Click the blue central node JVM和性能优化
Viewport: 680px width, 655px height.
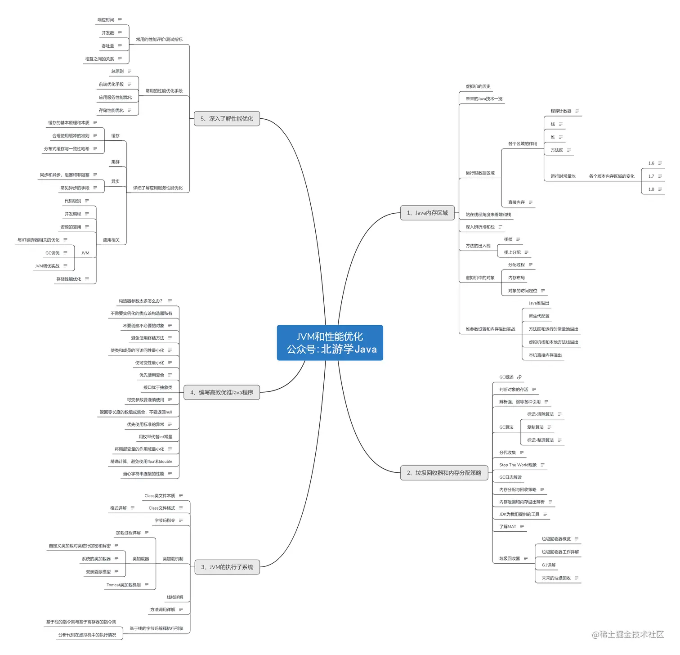click(x=330, y=342)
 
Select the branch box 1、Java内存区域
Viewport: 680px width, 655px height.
click(x=427, y=213)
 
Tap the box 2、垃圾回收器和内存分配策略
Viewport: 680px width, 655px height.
click(x=444, y=473)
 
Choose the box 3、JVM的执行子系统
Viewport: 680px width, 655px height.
click(x=227, y=567)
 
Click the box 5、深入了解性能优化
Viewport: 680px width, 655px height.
click(x=227, y=119)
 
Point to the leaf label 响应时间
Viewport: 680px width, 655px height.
click(x=106, y=20)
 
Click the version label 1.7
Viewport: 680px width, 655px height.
click(x=651, y=176)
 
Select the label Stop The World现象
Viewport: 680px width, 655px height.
click(x=518, y=465)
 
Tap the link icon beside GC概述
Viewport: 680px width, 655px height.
click(x=519, y=377)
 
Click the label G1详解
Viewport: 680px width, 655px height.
click(x=548, y=565)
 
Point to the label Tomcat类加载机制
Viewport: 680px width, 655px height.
click(x=124, y=585)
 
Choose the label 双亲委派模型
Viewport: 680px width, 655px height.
click(x=98, y=572)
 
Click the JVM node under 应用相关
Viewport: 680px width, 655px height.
click(x=85, y=253)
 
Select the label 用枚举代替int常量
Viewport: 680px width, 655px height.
click(x=155, y=437)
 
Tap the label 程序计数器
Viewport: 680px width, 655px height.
click(x=561, y=111)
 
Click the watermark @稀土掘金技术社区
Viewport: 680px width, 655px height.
click(x=628, y=634)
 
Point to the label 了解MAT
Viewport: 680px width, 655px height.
click(x=508, y=527)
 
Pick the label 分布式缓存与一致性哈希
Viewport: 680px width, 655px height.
click(x=67, y=149)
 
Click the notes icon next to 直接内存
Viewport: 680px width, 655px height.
click(x=531, y=202)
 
